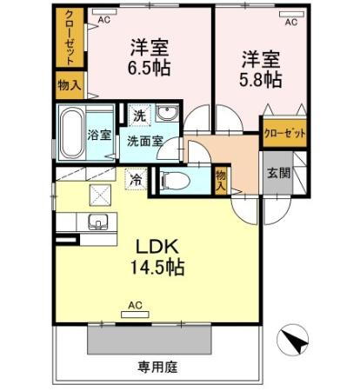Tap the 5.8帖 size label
(261, 78)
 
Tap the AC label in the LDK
(135, 305)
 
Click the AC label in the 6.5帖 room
(103, 17)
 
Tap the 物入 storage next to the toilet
(221, 179)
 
